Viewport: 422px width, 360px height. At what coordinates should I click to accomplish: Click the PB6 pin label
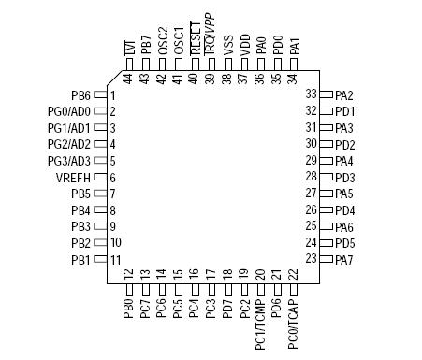point(80,95)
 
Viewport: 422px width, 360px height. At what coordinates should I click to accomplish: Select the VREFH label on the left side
point(73,178)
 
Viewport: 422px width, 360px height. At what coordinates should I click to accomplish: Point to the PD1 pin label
point(344,111)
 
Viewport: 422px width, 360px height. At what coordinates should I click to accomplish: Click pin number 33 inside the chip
point(312,94)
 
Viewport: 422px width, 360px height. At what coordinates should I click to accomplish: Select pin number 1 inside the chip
point(113,95)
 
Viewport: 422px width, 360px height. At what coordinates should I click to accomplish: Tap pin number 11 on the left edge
point(115,259)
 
